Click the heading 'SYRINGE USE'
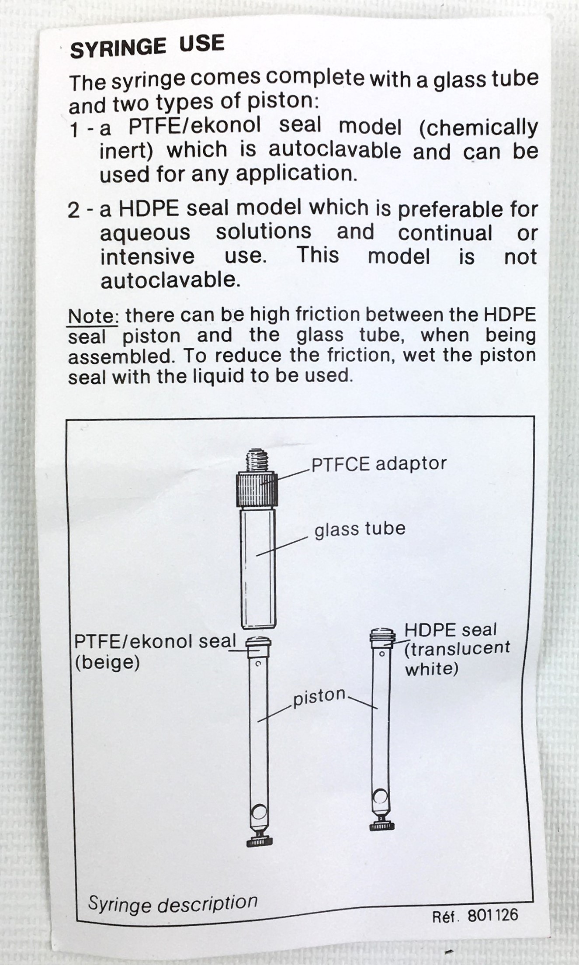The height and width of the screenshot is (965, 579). coord(147,46)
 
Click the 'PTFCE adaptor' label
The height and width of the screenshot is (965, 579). coord(378,464)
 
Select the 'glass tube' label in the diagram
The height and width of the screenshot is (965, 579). coord(360,529)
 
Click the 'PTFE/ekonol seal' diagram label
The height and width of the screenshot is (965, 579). coord(155,642)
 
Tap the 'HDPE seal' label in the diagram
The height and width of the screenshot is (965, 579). coord(451,630)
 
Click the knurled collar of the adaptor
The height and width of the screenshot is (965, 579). coord(257,489)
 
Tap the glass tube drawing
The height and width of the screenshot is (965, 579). coord(258,568)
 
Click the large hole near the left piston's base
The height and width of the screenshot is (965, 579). coord(259,812)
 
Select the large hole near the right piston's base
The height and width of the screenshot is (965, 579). coord(381,796)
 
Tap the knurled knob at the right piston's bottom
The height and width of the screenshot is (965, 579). coord(382,825)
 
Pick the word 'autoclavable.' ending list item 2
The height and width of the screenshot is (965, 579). coord(170,280)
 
